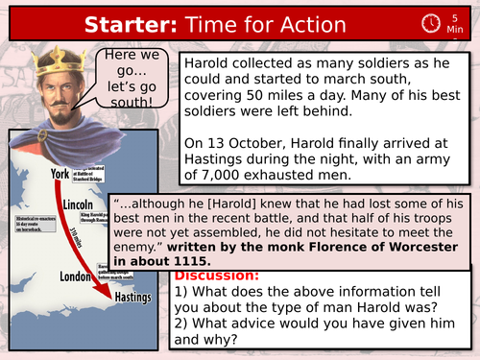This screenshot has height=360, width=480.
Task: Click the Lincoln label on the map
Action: pyautogui.click(x=75, y=206)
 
